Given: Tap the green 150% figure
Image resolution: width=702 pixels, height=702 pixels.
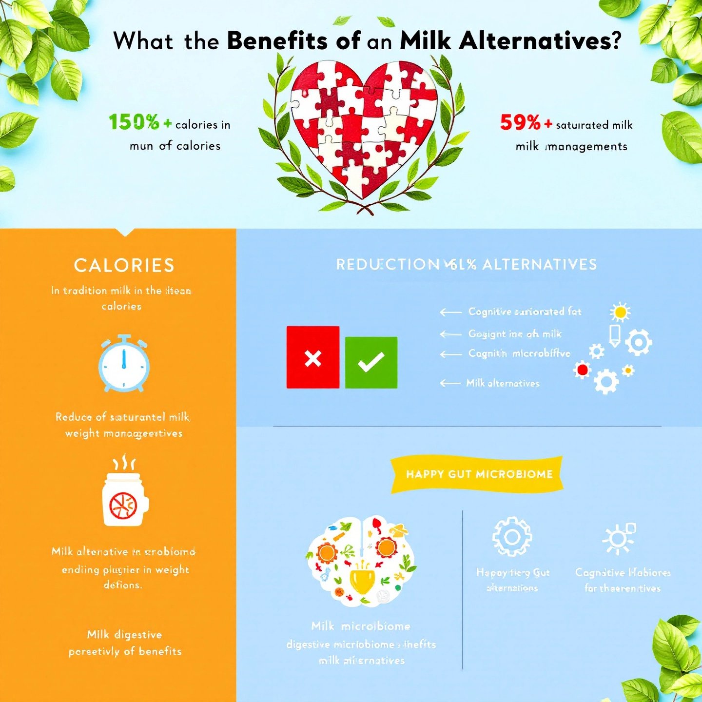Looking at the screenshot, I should coord(134,122).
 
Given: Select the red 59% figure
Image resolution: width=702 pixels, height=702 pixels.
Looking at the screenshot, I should coord(520,122).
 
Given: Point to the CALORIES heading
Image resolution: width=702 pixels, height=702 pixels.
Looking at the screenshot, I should coord(124,266).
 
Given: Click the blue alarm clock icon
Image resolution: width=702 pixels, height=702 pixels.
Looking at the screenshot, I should coord(124,363).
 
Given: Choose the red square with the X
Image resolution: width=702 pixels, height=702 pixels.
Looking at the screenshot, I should coord(313,357).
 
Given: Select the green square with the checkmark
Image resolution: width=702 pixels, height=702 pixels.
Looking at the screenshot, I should coord(371,362).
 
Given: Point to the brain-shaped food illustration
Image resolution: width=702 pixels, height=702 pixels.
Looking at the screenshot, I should coord(362,561).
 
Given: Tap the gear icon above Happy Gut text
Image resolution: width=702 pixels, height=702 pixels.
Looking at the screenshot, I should coord(512,537).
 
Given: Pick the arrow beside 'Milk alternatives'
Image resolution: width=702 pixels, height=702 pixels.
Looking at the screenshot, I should coord(450,383).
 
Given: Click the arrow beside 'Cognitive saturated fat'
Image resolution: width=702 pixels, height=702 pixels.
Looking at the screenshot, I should coord(450,312).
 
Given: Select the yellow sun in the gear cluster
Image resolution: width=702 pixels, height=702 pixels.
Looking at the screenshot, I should coord(620,312).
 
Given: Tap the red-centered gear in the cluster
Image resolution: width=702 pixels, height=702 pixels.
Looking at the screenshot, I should coord(582,370).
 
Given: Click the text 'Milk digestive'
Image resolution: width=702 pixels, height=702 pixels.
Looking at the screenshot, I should coord(124,635).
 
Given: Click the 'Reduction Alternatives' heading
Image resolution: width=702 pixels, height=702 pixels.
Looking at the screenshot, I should coord(467,265).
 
